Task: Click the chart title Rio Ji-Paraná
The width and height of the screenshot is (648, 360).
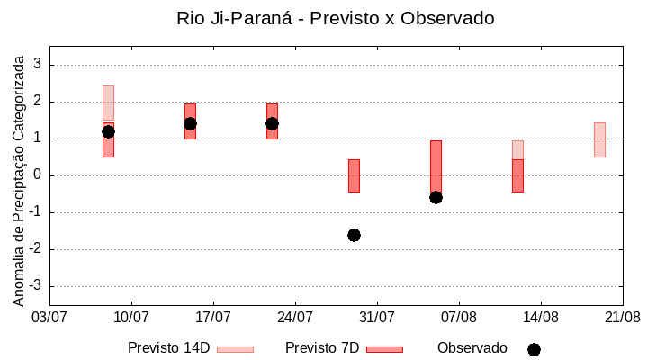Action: tap(335, 18)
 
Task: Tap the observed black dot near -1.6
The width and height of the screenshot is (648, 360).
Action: tap(354, 235)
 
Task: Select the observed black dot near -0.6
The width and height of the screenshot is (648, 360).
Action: tap(436, 197)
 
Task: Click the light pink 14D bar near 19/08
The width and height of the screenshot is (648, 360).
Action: tap(599, 139)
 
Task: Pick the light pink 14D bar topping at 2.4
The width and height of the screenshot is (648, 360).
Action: tap(108, 103)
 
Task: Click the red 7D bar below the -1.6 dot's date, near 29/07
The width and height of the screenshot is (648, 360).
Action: tap(354, 175)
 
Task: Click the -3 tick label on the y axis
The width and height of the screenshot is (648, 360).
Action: tap(36, 286)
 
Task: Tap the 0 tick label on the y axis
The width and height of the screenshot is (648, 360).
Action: tap(39, 175)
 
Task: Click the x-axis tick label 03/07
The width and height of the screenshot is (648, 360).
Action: tap(49, 317)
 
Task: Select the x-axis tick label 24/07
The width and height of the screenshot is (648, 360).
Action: tap(295, 317)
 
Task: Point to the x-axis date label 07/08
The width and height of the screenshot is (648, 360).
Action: tap(459, 317)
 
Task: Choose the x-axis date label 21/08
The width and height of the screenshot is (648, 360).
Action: tap(622, 317)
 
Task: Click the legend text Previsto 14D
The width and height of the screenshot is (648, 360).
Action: tap(168, 348)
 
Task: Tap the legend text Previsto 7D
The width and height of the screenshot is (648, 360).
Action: tap(322, 348)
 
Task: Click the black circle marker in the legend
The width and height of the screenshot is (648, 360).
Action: tap(534, 349)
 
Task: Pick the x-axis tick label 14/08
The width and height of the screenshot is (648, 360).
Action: tap(541, 317)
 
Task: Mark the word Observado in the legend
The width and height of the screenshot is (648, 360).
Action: tap(472, 348)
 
